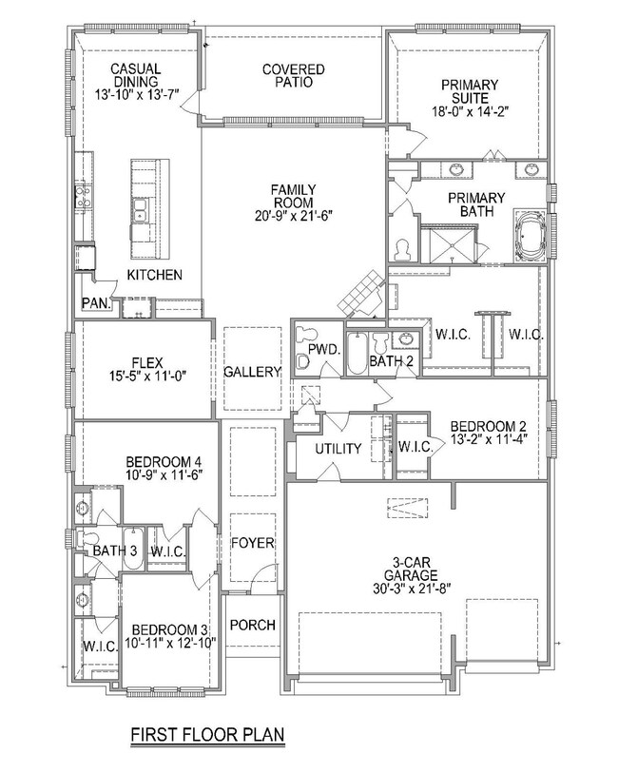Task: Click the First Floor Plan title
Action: tap(207, 734)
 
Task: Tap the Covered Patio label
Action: tap(293, 75)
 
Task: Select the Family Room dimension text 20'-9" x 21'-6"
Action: tap(294, 216)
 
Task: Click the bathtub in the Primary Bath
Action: tap(531, 236)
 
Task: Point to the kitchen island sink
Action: tap(140, 210)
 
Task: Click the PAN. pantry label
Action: tap(96, 303)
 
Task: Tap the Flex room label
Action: tap(147, 363)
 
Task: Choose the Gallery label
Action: tap(252, 371)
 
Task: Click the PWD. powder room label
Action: tap(324, 350)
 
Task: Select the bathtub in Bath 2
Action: tap(357, 354)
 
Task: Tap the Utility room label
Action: tap(338, 449)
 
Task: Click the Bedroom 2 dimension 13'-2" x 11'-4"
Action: tap(489, 438)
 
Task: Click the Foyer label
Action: tap(252, 543)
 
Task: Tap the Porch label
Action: tap(252, 625)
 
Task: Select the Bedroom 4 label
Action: tap(164, 462)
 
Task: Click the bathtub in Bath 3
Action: tap(132, 550)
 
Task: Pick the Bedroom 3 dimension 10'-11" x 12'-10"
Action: tap(170, 643)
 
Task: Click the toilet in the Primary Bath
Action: tap(402, 249)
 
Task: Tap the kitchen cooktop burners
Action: tap(82, 195)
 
